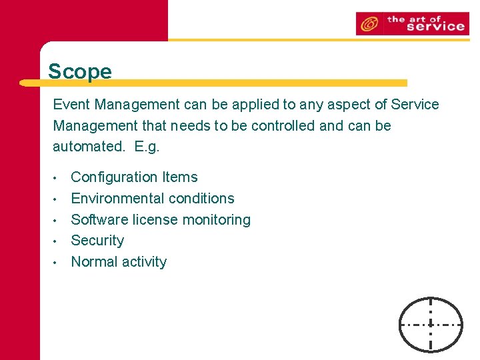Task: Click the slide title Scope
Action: coord(80,71)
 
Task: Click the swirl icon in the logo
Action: coord(367,25)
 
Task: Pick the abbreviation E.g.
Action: coord(147,147)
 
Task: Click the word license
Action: coord(155,220)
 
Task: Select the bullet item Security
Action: coord(97,241)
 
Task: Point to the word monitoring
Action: coord(217,220)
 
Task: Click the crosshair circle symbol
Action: coord(431,324)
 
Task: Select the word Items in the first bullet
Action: coord(181,177)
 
